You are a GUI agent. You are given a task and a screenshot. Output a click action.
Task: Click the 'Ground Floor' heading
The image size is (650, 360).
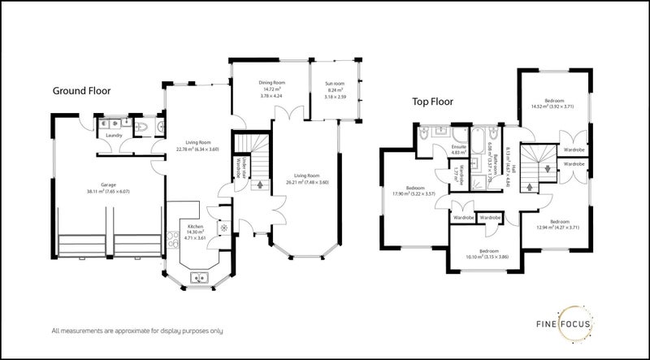(x=81, y=91)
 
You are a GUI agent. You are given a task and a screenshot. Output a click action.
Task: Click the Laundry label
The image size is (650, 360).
(x=114, y=135)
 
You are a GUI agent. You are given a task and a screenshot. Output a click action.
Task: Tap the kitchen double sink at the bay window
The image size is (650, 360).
(x=198, y=279)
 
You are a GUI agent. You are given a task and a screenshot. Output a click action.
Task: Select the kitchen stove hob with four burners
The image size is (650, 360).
(x=171, y=241)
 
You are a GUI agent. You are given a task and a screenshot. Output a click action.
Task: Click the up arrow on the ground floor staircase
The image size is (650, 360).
(x=259, y=185)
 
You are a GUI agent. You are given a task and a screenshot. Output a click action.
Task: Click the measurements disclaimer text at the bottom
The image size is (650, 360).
(x=137, y=331)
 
